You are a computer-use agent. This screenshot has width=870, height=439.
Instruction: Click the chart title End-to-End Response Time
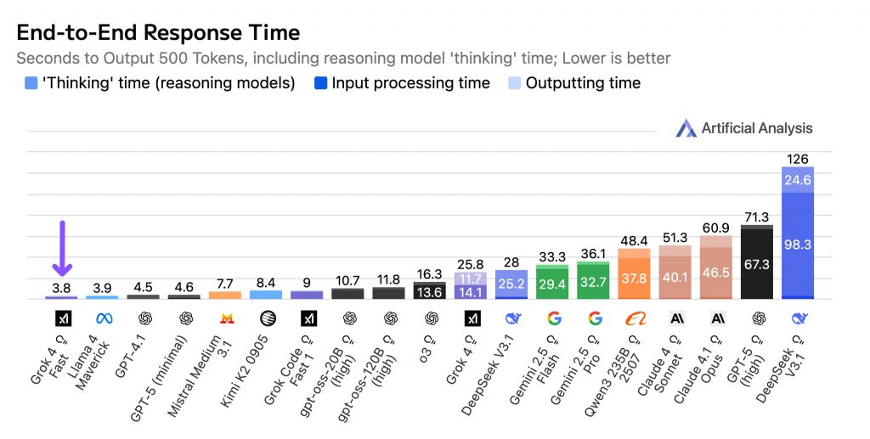158,33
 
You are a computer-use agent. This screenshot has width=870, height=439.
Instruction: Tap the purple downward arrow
62,248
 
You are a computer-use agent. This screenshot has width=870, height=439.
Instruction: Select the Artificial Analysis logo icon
686,128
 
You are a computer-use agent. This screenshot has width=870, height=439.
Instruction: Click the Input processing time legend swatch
320,83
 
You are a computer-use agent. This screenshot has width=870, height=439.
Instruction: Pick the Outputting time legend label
583,83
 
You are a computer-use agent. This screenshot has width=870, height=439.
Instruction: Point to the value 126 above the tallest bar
797,159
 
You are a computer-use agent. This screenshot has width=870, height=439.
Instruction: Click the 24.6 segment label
797,180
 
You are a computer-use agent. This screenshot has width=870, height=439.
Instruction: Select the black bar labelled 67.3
757,262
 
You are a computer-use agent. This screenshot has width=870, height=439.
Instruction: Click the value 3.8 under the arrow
61,288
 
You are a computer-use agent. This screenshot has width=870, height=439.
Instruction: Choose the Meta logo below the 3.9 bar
104,318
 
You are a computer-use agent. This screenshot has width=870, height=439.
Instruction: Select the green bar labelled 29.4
552,282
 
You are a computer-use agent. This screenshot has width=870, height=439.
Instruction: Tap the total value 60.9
715,228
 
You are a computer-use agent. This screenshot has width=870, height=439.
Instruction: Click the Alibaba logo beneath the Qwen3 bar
634,318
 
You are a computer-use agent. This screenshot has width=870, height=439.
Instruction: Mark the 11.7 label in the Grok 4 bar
471,279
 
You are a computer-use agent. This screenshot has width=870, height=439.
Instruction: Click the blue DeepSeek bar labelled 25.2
511,284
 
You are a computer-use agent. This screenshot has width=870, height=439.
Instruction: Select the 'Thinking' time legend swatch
31,83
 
